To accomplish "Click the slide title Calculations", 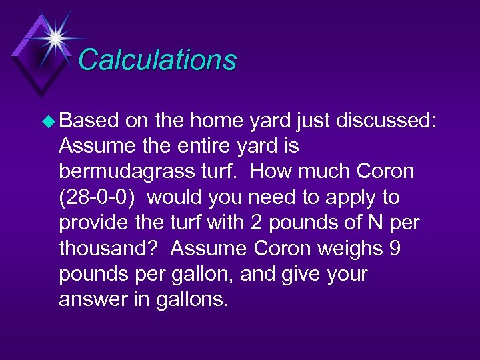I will (157, 59).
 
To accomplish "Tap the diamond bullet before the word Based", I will (47, 121).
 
